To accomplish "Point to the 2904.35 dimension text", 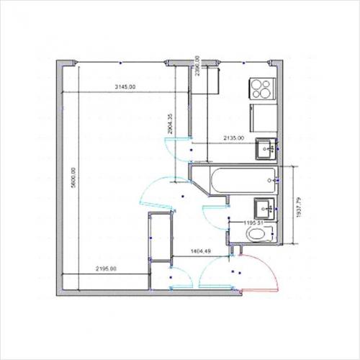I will (x=170, y=125).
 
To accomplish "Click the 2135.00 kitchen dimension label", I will (x=233, y=138).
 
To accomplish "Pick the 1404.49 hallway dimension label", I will (x=199, y=251).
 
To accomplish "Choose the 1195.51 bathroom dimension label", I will (x=256, y=223).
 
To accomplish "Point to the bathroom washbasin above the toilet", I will (x=264, y=208).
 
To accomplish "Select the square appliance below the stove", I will (x=262, y=117).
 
